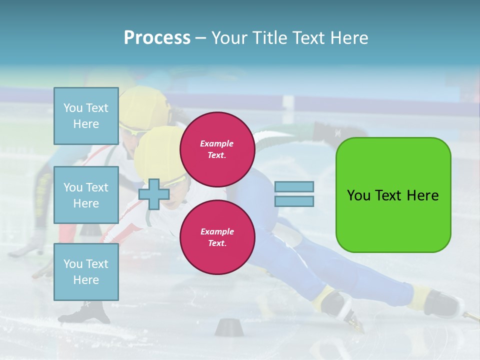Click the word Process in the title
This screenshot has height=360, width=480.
coord(157,37)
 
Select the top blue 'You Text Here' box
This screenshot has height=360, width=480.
coord(86,116)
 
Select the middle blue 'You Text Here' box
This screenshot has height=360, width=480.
coord(86,195)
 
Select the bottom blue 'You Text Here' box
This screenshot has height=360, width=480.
coord(86,271)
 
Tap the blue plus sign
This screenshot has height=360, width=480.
coord(154,194)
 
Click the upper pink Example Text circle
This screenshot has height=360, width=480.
coord(217,149)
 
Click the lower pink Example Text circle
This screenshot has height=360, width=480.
coord(217,237)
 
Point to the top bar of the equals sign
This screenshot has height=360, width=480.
coord(294,187)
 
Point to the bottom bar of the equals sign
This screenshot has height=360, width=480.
coord(294,201)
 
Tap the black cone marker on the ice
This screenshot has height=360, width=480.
coord(227,327)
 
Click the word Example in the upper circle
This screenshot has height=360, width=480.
coord(217,143)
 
